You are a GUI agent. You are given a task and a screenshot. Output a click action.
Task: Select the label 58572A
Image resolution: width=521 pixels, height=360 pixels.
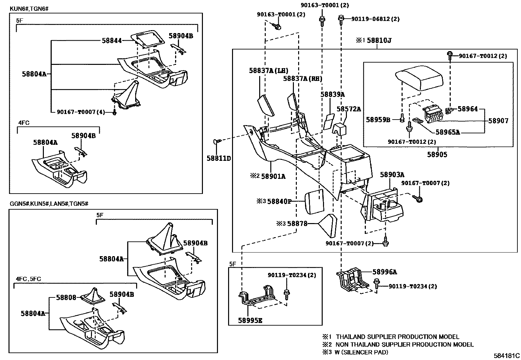(349, 109)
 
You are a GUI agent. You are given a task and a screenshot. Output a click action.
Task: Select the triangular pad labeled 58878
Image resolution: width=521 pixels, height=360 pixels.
(328, 225)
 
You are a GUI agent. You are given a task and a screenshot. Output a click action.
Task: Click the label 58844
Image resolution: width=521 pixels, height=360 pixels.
(112, 41)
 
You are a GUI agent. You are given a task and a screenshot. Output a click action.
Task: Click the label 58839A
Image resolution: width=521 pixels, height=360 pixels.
(332, 94)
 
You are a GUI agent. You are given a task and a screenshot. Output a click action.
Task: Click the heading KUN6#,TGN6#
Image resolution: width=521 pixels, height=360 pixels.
(29, 8)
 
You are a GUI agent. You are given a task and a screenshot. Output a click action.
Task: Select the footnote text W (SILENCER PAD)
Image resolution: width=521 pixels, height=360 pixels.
(362, 352)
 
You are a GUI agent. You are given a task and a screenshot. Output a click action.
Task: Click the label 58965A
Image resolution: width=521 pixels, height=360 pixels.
(448, 132)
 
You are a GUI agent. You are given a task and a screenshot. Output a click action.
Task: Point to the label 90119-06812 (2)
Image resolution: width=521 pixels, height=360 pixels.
(375, 19)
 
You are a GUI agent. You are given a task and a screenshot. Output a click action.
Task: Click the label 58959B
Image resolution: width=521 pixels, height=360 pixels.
(378, 120)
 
